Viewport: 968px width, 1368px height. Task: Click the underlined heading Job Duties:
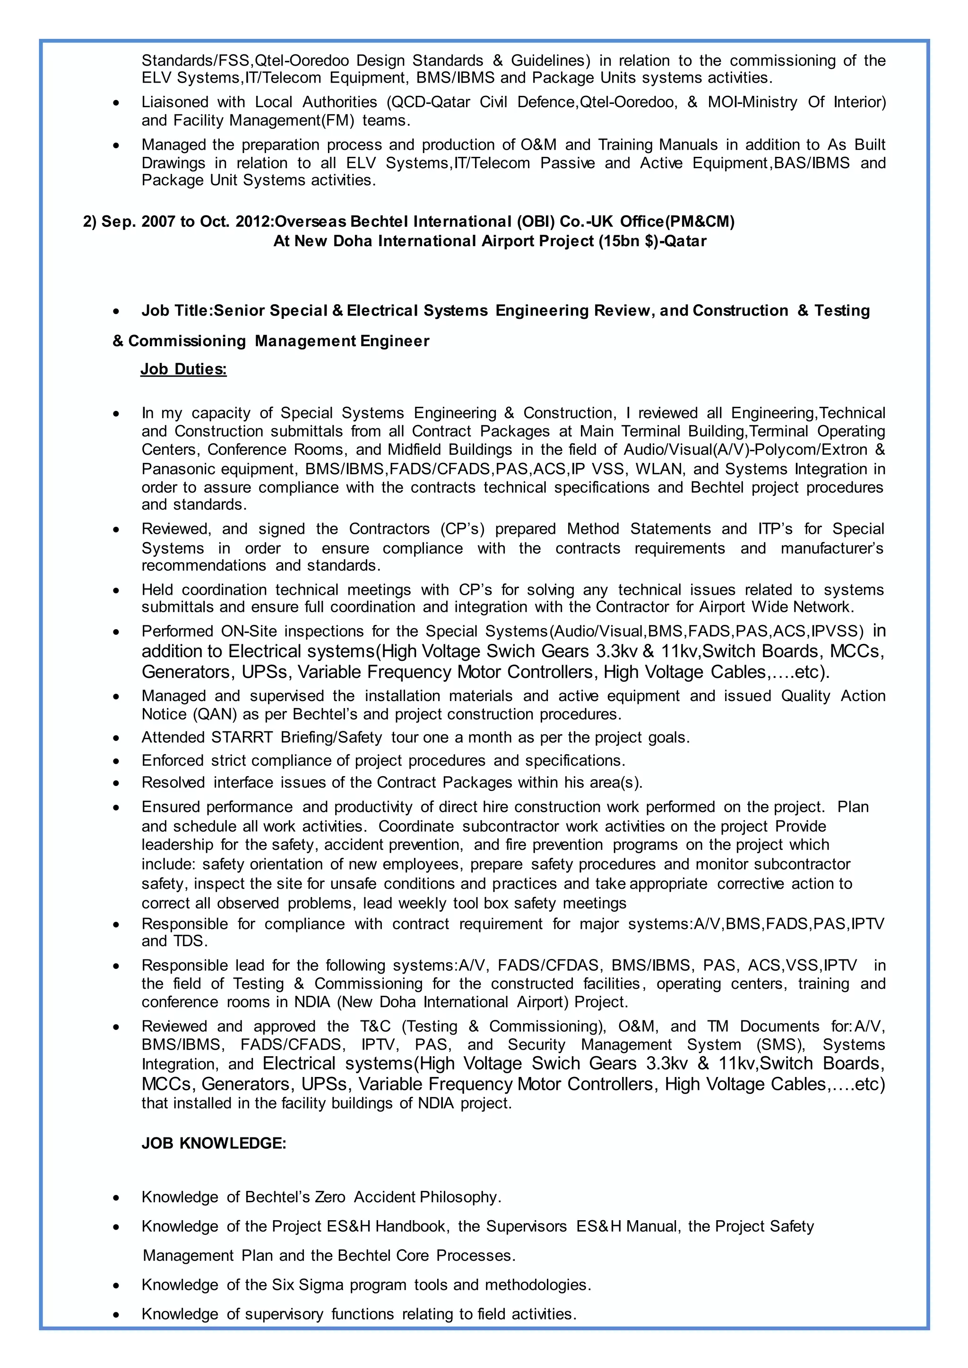[x=183, y=369]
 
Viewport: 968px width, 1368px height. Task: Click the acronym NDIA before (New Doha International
[x=312, y=1002]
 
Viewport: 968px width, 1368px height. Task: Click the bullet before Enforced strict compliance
[x=116, y=761]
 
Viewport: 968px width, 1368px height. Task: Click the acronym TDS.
[x=190, y=941]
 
